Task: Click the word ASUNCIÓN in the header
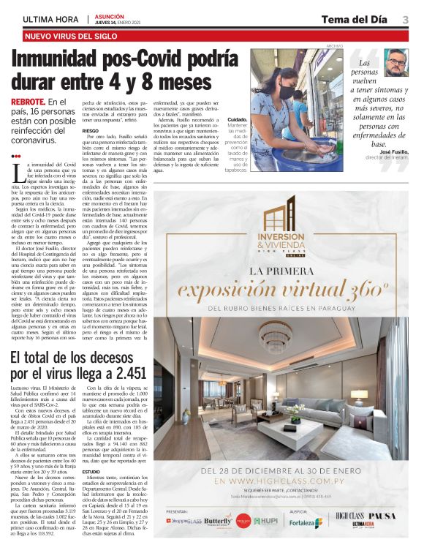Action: click(109, 15)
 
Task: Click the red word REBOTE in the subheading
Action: click(27, 101)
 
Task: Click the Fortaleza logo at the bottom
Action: click(305, 522)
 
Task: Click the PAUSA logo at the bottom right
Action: click(383, 516)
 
